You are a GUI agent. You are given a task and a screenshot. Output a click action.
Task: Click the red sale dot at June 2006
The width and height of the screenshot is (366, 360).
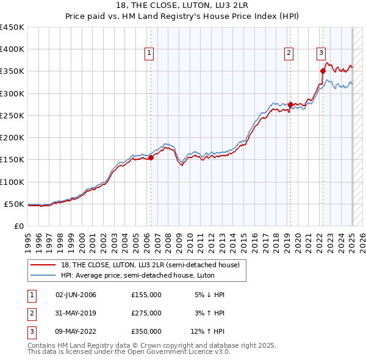click(151, 158)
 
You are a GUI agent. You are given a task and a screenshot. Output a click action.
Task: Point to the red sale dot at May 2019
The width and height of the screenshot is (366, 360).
click(290, 104)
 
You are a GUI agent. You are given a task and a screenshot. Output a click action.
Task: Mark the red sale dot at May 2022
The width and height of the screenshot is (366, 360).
click(323, 71)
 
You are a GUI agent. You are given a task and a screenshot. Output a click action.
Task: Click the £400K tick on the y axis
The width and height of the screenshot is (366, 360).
click(12, 49)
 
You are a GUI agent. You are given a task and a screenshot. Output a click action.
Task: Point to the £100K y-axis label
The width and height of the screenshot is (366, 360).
click(12, 182)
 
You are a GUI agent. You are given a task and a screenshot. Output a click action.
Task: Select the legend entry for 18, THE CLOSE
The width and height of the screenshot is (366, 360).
click(151, 265)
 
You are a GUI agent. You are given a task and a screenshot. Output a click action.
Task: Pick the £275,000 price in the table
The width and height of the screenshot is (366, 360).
click(146, 313)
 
